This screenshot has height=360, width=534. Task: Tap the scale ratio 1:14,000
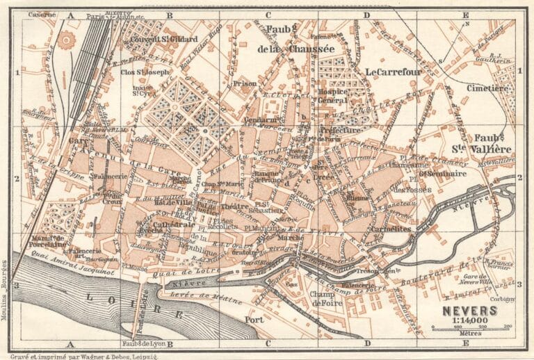469,321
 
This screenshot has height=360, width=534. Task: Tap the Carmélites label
389,228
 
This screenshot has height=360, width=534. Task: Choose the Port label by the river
254,320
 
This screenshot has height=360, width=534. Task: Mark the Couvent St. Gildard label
163,39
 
